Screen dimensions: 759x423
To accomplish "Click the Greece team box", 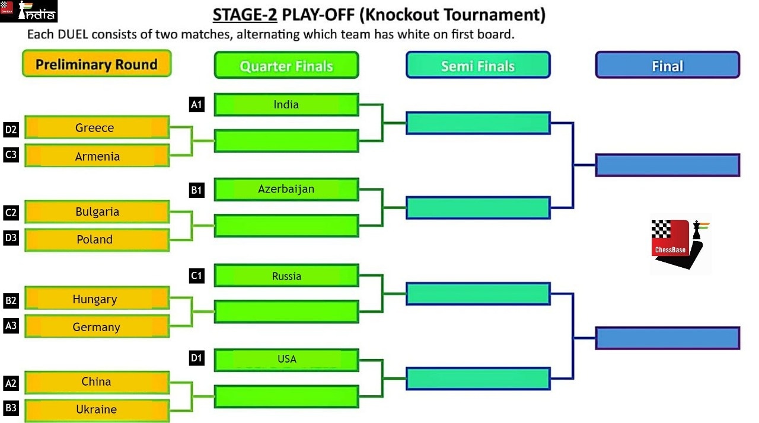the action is coord(97,127).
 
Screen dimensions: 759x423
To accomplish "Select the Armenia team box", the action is coord(97,156).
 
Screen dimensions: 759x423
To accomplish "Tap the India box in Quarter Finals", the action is coord(286,105).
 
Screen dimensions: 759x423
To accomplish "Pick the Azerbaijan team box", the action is coord(286,189).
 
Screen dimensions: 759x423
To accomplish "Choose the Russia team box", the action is coord(286,275).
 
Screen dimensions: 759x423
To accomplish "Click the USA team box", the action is coord(286,360).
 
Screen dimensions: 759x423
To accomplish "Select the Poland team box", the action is coord(97,240).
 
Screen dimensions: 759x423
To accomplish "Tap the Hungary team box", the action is coord(97,298).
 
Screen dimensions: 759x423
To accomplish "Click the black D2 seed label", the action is coord(11,130).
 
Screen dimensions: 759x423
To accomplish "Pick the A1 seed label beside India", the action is coord(196,104).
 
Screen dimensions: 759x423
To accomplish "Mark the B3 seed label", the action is coord(11,408).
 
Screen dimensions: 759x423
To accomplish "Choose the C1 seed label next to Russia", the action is coord(196,276).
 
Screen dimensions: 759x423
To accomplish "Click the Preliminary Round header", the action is coord(97,63).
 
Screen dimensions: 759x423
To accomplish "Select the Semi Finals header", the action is coord(478,65).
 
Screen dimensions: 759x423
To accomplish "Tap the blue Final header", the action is coord(668,65).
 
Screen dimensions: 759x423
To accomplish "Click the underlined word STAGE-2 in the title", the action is coord(245,15).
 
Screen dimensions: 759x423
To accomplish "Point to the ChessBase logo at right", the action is coord(680,244).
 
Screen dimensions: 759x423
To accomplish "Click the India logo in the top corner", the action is coord(29,11).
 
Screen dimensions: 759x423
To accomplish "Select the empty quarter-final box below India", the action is coord(286,141).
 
